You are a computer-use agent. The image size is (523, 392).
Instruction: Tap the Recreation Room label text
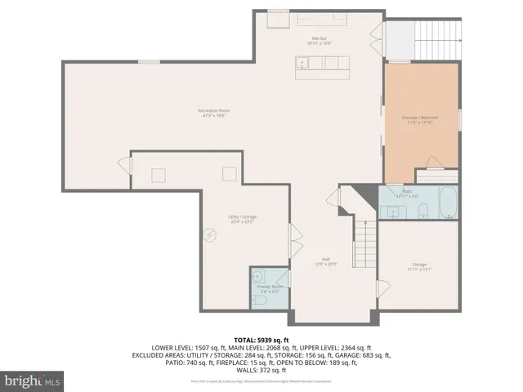pos(212,113)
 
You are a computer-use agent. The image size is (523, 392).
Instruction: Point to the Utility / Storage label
pos(242,218)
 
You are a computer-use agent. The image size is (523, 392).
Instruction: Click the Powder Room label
pos(270,287)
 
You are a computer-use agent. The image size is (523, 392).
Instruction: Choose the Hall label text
pos(326,261)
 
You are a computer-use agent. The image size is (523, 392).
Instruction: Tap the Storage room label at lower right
pos(419,266)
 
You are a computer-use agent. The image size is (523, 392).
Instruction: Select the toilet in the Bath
pos(422,213)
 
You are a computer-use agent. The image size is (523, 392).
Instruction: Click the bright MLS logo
pos(33,381)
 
